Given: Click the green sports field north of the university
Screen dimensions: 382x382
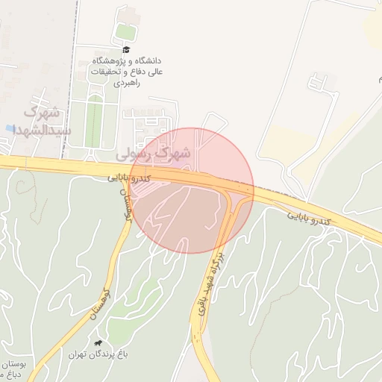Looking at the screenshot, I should click(x=125, y=32).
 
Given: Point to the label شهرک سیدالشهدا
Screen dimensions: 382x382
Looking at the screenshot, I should click(x=43, y=121).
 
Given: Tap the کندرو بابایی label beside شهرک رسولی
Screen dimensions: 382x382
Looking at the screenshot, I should click(x=129, y=178).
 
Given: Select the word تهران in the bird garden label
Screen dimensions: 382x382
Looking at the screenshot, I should click(x=80, y=354).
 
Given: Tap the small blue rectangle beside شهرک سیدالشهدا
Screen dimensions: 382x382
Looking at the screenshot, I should click(x=8, y=129).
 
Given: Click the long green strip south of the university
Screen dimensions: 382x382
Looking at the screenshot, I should click(x=93, y=123).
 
